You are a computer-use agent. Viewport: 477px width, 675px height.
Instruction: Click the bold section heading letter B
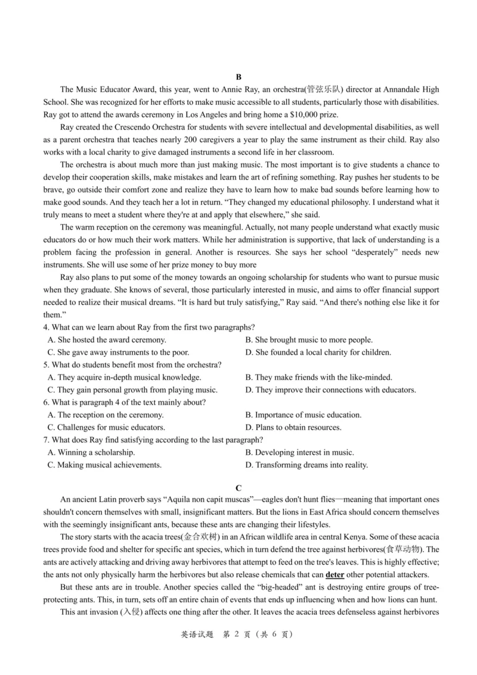(x=238, y=77)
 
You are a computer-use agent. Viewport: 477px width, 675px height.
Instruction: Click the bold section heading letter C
(x=238, y=488)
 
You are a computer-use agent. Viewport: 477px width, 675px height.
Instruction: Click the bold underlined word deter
(x=334, y=575)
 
